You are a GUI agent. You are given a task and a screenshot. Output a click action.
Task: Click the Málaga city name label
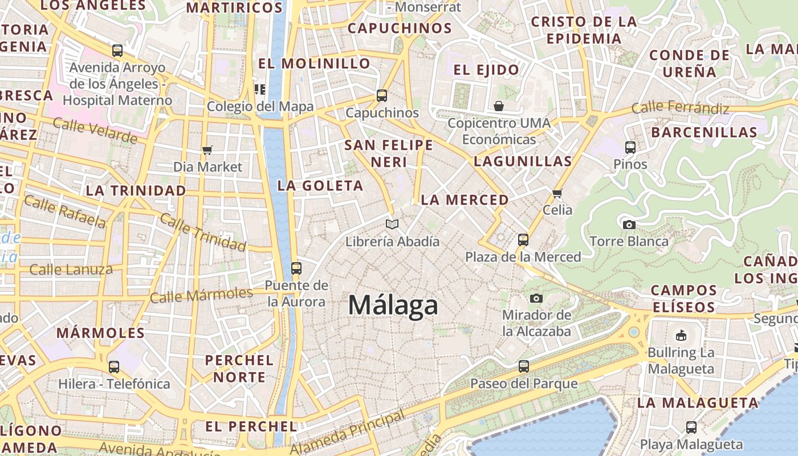click(x=393, y=305)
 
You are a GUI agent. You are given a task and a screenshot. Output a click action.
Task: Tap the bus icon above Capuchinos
click(x=382, y=95)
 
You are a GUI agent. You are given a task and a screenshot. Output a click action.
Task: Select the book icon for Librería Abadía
click(x=392, y=224)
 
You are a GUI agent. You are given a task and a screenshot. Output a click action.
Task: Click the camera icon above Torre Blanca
click(x=629, y=225)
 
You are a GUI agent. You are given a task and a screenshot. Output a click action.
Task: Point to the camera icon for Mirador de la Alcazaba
click(x=536, y=298)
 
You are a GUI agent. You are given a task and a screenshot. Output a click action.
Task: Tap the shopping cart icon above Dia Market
click(x=207, y=150)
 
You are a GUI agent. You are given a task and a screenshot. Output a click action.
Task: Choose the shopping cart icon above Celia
click(x=557, y=193)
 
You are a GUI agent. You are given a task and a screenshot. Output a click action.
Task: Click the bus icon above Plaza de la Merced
click(x=523, y=240)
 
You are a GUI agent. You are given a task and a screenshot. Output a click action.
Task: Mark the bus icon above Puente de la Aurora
click(x=296, y=268)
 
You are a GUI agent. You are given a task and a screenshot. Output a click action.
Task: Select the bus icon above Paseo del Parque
click(x=523, y=367)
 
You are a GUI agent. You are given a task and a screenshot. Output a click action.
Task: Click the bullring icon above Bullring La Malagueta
click(x=681, y=335)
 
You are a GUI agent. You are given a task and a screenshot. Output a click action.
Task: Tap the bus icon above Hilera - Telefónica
click(x=114, y=367)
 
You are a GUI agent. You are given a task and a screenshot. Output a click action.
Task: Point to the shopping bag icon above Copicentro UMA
click(x=499, y=106)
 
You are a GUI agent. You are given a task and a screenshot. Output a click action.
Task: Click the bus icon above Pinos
click(x=630, y=147)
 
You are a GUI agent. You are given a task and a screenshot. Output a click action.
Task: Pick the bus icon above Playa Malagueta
click(x=691, y=426)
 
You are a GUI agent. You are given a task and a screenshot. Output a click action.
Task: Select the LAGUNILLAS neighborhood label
click(x=523, y=161)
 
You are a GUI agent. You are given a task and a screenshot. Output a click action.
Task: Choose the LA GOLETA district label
click(x=320, y=185)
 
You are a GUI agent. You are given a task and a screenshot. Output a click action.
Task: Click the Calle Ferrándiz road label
click(x=680, y=108)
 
